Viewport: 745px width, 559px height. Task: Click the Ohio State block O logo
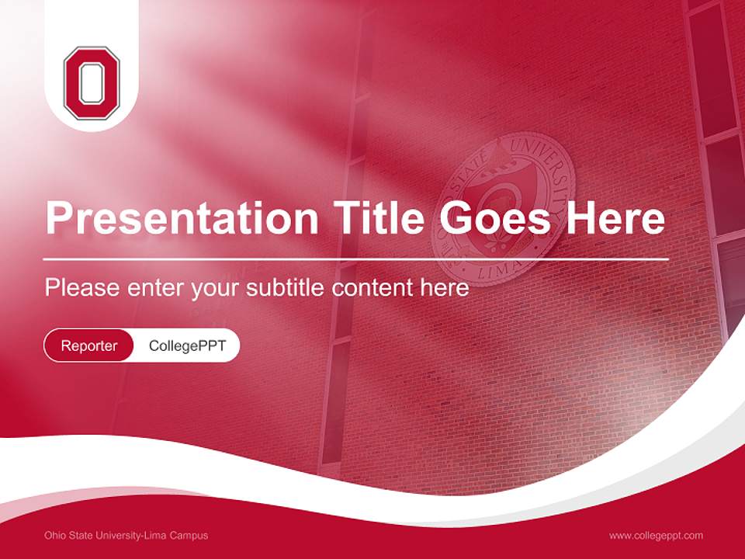point(92,83)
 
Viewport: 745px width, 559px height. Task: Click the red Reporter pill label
point(89,345)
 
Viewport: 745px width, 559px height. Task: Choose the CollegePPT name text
point(187,345)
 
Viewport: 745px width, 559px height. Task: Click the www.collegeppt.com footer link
point(656,535)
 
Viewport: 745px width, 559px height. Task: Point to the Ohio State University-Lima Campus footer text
point(126,535)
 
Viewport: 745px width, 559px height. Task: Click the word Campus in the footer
point(189,535)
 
